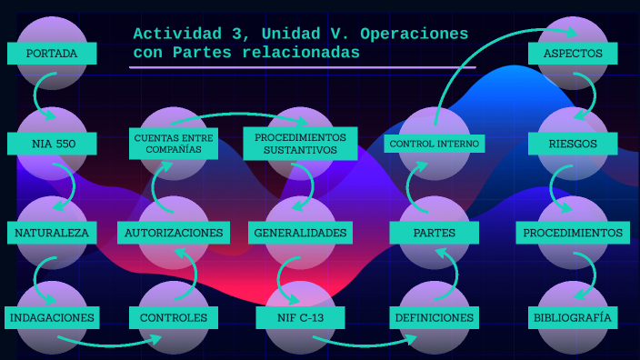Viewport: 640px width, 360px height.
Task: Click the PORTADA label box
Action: [52, 54]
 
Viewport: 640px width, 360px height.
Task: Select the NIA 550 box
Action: [52, 144]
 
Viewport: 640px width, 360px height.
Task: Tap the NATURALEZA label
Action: [52, 233]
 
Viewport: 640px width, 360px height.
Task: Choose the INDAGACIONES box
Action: [52, 317]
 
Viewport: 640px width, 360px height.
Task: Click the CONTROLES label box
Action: [175, 317]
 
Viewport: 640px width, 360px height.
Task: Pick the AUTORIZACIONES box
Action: [174, 233]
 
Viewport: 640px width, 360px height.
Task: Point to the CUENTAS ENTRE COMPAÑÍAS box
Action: [174, 143]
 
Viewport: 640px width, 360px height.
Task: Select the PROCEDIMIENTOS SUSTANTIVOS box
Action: [300, 143]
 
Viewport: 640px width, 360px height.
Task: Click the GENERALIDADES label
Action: [300, 233]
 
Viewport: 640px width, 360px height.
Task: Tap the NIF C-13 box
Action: [300, 317]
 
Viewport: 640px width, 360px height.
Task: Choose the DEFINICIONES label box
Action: [435, 317]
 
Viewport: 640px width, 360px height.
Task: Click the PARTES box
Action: [435, 233]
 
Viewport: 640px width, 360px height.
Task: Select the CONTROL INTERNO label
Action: [435, 144]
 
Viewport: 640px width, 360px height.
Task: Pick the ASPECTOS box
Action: [573, 54]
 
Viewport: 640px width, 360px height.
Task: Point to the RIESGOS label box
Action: [573, 144]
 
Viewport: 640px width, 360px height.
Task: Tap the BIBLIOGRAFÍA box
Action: [573, 317]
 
